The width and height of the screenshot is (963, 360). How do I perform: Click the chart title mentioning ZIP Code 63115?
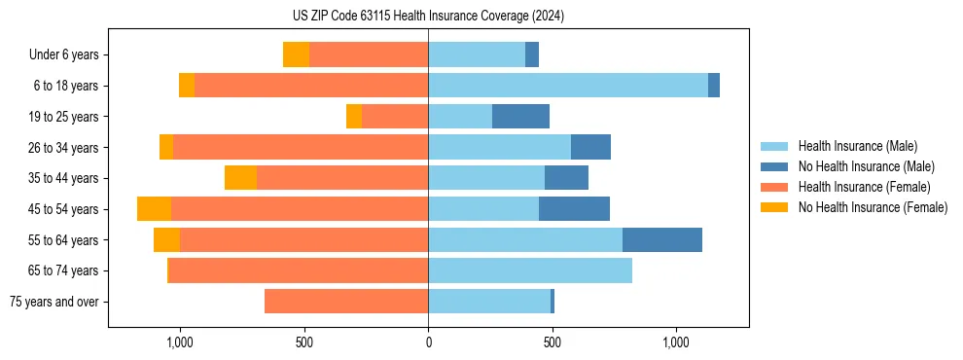coord(428,16)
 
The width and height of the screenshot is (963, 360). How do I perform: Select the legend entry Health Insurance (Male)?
coord(856,146)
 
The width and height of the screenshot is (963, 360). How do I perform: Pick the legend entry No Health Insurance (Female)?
coord(873,207)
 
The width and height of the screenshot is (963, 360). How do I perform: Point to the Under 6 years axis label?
coord(63,55)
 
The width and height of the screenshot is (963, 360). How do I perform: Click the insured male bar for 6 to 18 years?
coord(568,86)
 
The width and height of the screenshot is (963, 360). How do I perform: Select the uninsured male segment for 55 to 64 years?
coord(661,240)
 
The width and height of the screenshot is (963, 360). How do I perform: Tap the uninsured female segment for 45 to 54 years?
coord(154,209)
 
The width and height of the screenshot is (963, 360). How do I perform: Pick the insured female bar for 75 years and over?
coord(346,302)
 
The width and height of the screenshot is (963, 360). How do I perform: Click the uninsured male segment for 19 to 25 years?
coord(520,117)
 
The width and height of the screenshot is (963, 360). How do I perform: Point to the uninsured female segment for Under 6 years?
coord(296,55)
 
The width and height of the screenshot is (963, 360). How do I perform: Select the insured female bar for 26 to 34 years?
coord(301,148)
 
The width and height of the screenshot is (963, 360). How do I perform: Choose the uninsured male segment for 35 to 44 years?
coord(566,178)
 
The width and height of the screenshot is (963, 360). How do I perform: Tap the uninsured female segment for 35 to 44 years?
coord(240,178)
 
